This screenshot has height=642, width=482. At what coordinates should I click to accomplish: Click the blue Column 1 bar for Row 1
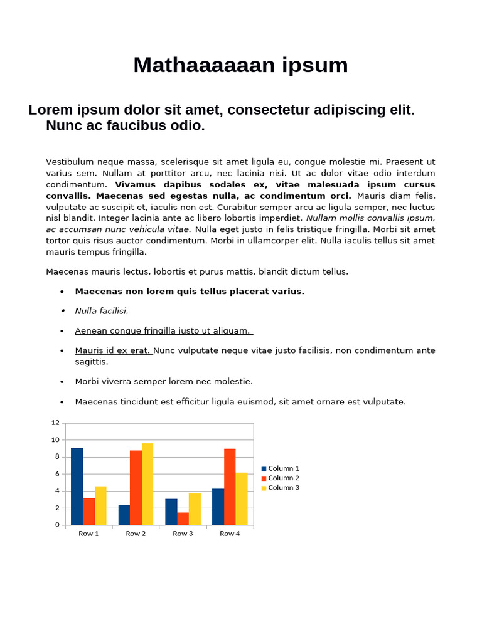click(x=77, y=487)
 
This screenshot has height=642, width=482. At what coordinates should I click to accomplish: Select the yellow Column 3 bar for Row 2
click(x=147, y=484)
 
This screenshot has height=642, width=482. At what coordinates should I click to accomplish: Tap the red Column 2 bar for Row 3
click(x=183, y=518)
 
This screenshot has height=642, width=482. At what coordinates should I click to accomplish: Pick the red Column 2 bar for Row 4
click(x=230, y=487)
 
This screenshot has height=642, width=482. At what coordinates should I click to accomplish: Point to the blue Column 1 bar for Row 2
click(x=124, y=515)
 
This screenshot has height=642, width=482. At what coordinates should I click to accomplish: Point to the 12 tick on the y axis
click(x=55, y=423)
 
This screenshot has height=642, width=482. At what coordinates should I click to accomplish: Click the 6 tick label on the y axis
click(x=57, y=474)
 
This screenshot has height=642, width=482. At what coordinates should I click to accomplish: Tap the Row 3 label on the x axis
click(x=183, y=534)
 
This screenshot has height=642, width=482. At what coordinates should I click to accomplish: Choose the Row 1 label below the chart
click(x=88, y=534)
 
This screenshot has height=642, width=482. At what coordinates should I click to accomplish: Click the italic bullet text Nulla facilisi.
click(x=102, y=311)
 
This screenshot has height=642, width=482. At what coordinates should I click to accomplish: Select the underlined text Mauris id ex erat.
click(x=114, y=350)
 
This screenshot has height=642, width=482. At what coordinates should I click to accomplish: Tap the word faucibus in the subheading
click(x=117, y=125)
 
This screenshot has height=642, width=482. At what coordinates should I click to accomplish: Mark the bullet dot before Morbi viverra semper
click(x=62, y=382)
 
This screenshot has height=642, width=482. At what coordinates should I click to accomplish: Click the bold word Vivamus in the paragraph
click(x=136, y=184)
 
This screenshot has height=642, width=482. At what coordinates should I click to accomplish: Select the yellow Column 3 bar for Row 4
click(x=242, y=498)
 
